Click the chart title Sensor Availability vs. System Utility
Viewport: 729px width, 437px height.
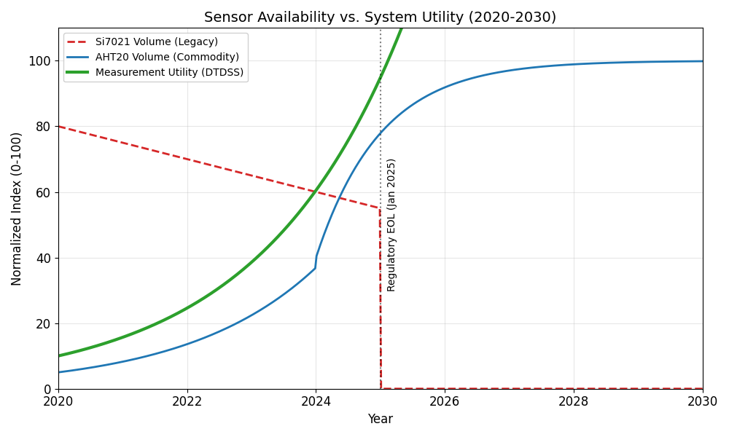click(380, 17)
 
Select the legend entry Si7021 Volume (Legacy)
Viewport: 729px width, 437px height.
click(156, 42)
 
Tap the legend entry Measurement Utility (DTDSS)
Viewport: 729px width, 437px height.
click(169, 73)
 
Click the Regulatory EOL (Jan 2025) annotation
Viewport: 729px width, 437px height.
click(391, 224)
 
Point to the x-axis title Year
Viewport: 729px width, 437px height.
click(380, 420)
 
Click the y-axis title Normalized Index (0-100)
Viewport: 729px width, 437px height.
click(17, 208)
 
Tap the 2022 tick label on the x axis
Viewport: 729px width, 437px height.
click(187, 401)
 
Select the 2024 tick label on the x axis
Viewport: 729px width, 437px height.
click(316, 401)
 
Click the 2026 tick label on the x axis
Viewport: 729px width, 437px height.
click(445, 401)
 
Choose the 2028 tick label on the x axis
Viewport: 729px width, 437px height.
click(574, 401)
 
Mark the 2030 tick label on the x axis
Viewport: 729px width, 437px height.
click(702, 401)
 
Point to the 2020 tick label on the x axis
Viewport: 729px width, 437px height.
click(58, 401)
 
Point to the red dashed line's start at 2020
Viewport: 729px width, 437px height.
click(59, 127)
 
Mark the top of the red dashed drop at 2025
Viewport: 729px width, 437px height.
click(380, 208)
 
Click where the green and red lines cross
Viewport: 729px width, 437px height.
click(316, 192)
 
